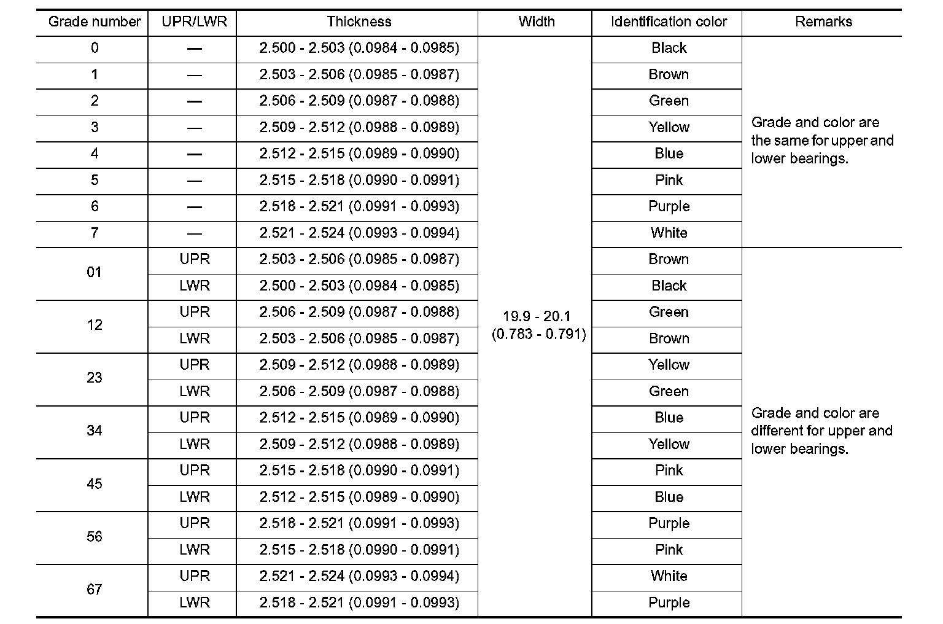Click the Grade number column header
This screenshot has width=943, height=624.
[94, 22]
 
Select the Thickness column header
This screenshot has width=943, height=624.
[359, 22]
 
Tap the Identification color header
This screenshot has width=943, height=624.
[669, 22]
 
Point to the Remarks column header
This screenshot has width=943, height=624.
[823, 22]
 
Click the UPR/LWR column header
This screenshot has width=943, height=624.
[194, 22]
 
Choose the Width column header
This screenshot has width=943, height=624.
[536, 22]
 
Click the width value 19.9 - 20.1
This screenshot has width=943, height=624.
[537, 317]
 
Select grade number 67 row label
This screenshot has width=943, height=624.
[94, 590]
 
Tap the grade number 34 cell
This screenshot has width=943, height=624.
[94, 431]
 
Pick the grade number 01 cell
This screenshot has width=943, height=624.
[94, 272]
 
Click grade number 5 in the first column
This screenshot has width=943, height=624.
[94, 181]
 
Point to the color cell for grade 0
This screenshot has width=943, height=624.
[669, 49]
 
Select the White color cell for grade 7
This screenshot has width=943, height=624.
[669, 233]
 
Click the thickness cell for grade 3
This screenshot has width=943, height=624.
[359, 128]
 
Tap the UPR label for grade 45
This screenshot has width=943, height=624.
[195, 470]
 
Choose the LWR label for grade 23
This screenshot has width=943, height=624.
[195, 391]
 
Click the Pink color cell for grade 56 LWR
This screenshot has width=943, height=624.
[669, 550]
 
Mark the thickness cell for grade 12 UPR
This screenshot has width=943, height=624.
[359, 312]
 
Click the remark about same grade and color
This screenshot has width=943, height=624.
[821, 141]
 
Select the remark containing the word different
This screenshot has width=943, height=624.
[821, 431]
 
